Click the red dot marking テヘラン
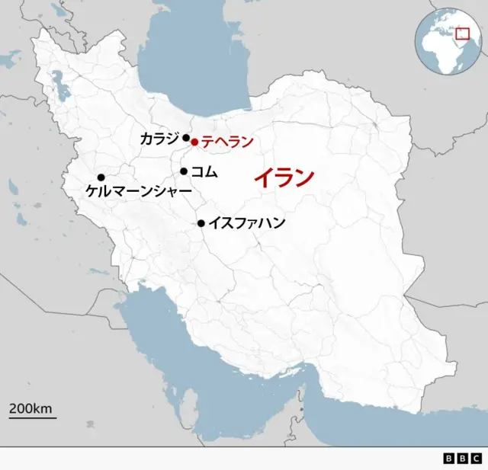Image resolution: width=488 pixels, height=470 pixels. (194, 142)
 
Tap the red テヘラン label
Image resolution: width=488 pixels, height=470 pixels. (226, 142)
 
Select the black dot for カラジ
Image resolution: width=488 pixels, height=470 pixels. (186, 138)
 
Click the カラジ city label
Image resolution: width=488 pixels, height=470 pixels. (159, 138)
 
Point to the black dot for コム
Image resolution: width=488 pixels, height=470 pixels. (184, 171)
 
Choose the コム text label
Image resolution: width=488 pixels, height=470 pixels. (204, 172)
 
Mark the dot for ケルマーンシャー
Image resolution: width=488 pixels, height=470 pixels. (101, 177)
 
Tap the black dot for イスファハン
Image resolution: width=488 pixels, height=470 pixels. (201, 223)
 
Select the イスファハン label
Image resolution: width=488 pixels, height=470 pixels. (246, 223)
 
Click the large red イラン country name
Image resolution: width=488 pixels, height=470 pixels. (284, 178)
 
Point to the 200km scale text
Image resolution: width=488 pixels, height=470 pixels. (30, 408)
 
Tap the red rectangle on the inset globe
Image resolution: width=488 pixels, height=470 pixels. (461, 34)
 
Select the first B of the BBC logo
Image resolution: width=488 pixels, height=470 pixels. (449, 459)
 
